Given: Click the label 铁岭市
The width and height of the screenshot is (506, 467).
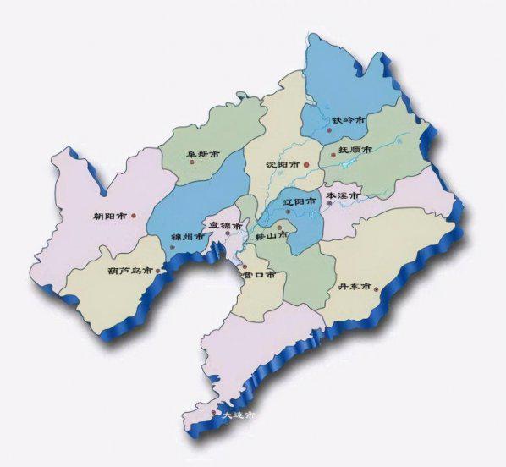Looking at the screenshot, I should point(348,121).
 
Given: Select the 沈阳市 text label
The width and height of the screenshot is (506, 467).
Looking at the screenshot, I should point(282,164).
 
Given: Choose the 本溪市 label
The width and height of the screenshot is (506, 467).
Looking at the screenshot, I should point(343,195).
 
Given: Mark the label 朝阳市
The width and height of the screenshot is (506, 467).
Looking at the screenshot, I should point(110,217).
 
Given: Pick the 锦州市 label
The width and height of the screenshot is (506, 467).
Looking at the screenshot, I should point(187,236).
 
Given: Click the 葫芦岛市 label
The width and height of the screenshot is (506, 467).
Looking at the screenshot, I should point(130,271).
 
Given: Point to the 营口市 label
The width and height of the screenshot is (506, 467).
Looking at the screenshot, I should point(259,274).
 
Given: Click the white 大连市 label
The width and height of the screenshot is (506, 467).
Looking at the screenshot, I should point(238,416).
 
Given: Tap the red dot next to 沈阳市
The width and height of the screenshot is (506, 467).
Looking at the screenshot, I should point(306,164).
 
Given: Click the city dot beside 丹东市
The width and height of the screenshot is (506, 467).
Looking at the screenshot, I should point(377,290).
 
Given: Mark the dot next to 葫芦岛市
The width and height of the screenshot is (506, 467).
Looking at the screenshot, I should point(157,271).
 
